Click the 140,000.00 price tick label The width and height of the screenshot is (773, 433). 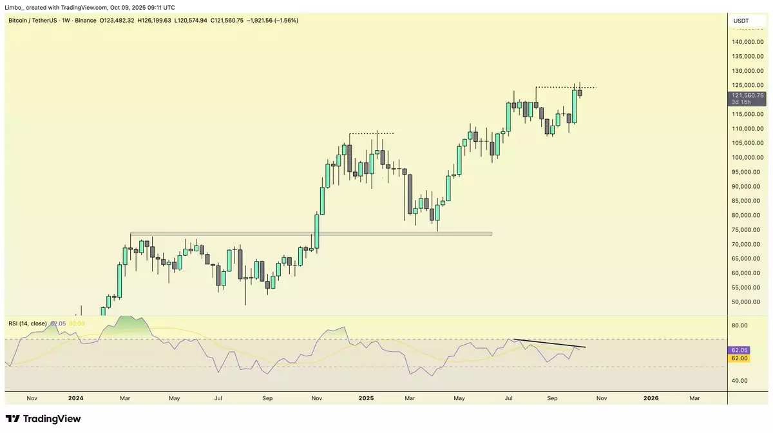(x=747, y=42)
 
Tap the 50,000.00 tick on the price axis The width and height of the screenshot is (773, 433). (x=747, y=302)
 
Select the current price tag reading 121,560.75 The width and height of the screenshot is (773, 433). (x=747, y=95)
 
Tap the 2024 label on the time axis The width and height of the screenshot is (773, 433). (x=75, y=399)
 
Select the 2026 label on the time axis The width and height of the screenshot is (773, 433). (x=651, y=399)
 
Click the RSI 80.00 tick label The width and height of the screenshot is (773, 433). (x=740, y=325)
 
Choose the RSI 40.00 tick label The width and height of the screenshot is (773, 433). (x=740, y=381)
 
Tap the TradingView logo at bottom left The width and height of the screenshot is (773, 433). (x=44, y=419)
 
